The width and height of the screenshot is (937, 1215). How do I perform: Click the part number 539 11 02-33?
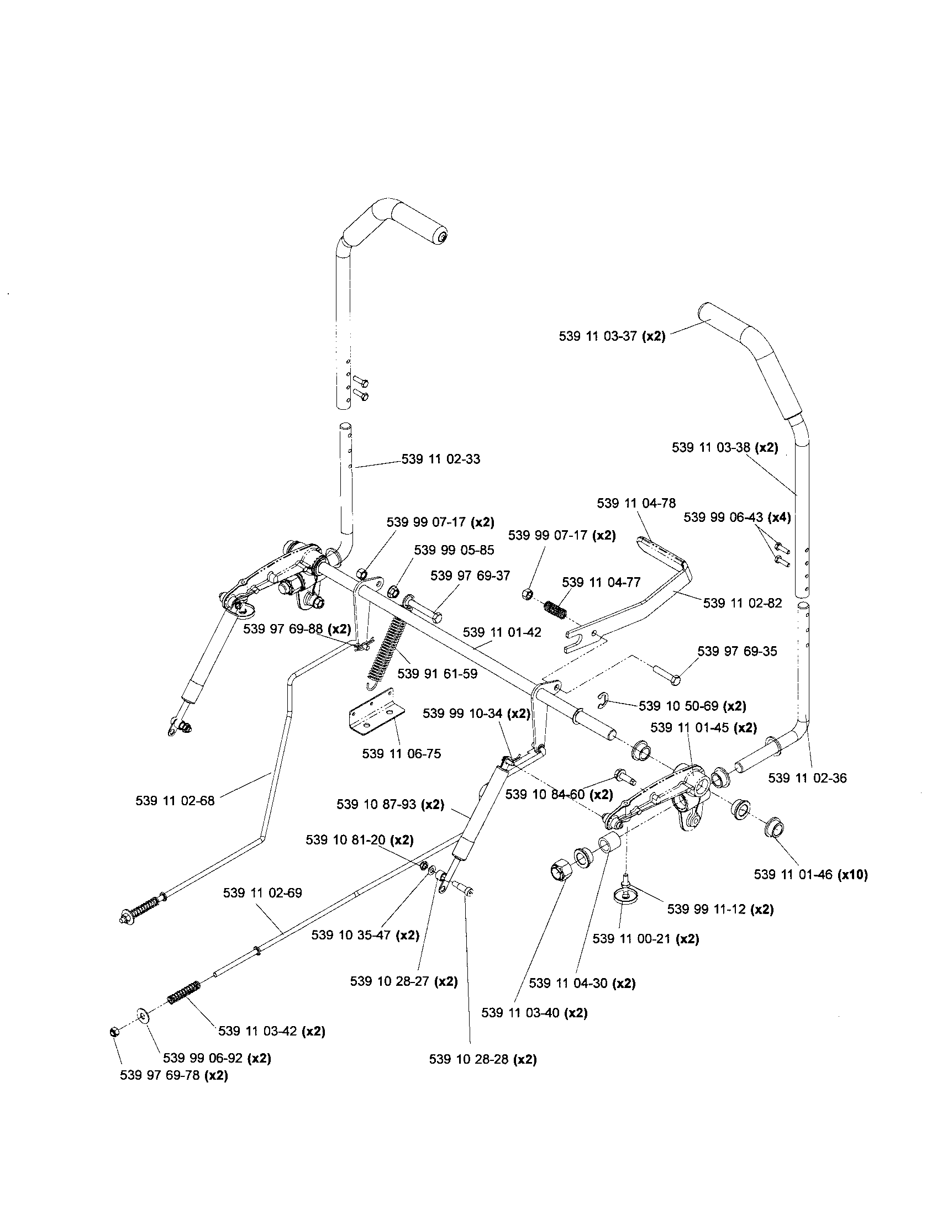click(x=441, y=459)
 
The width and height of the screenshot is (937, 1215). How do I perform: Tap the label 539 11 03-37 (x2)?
click(x=612, y=336)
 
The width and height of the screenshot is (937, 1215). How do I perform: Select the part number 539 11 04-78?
click(x=636, y=504)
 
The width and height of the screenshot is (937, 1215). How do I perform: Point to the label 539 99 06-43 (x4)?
click(x=737, y=517)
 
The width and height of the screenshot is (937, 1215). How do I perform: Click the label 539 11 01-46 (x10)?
click(x=810, y=875)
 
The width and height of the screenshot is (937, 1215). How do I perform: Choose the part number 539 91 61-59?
click(x=438, y=674)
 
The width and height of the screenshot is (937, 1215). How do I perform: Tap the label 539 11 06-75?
click(x=401, y=754)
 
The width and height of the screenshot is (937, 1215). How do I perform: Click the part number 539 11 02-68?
click(x=175, y=801)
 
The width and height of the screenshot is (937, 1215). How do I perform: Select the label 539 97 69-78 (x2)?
click(x=173, y=1076)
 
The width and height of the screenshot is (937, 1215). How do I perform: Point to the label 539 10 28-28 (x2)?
click(x=482, y=1060)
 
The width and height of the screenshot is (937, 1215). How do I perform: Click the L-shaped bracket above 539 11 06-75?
click(x=377, y=714)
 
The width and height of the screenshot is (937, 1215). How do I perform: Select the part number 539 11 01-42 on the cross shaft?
click(x=502, y=632)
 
